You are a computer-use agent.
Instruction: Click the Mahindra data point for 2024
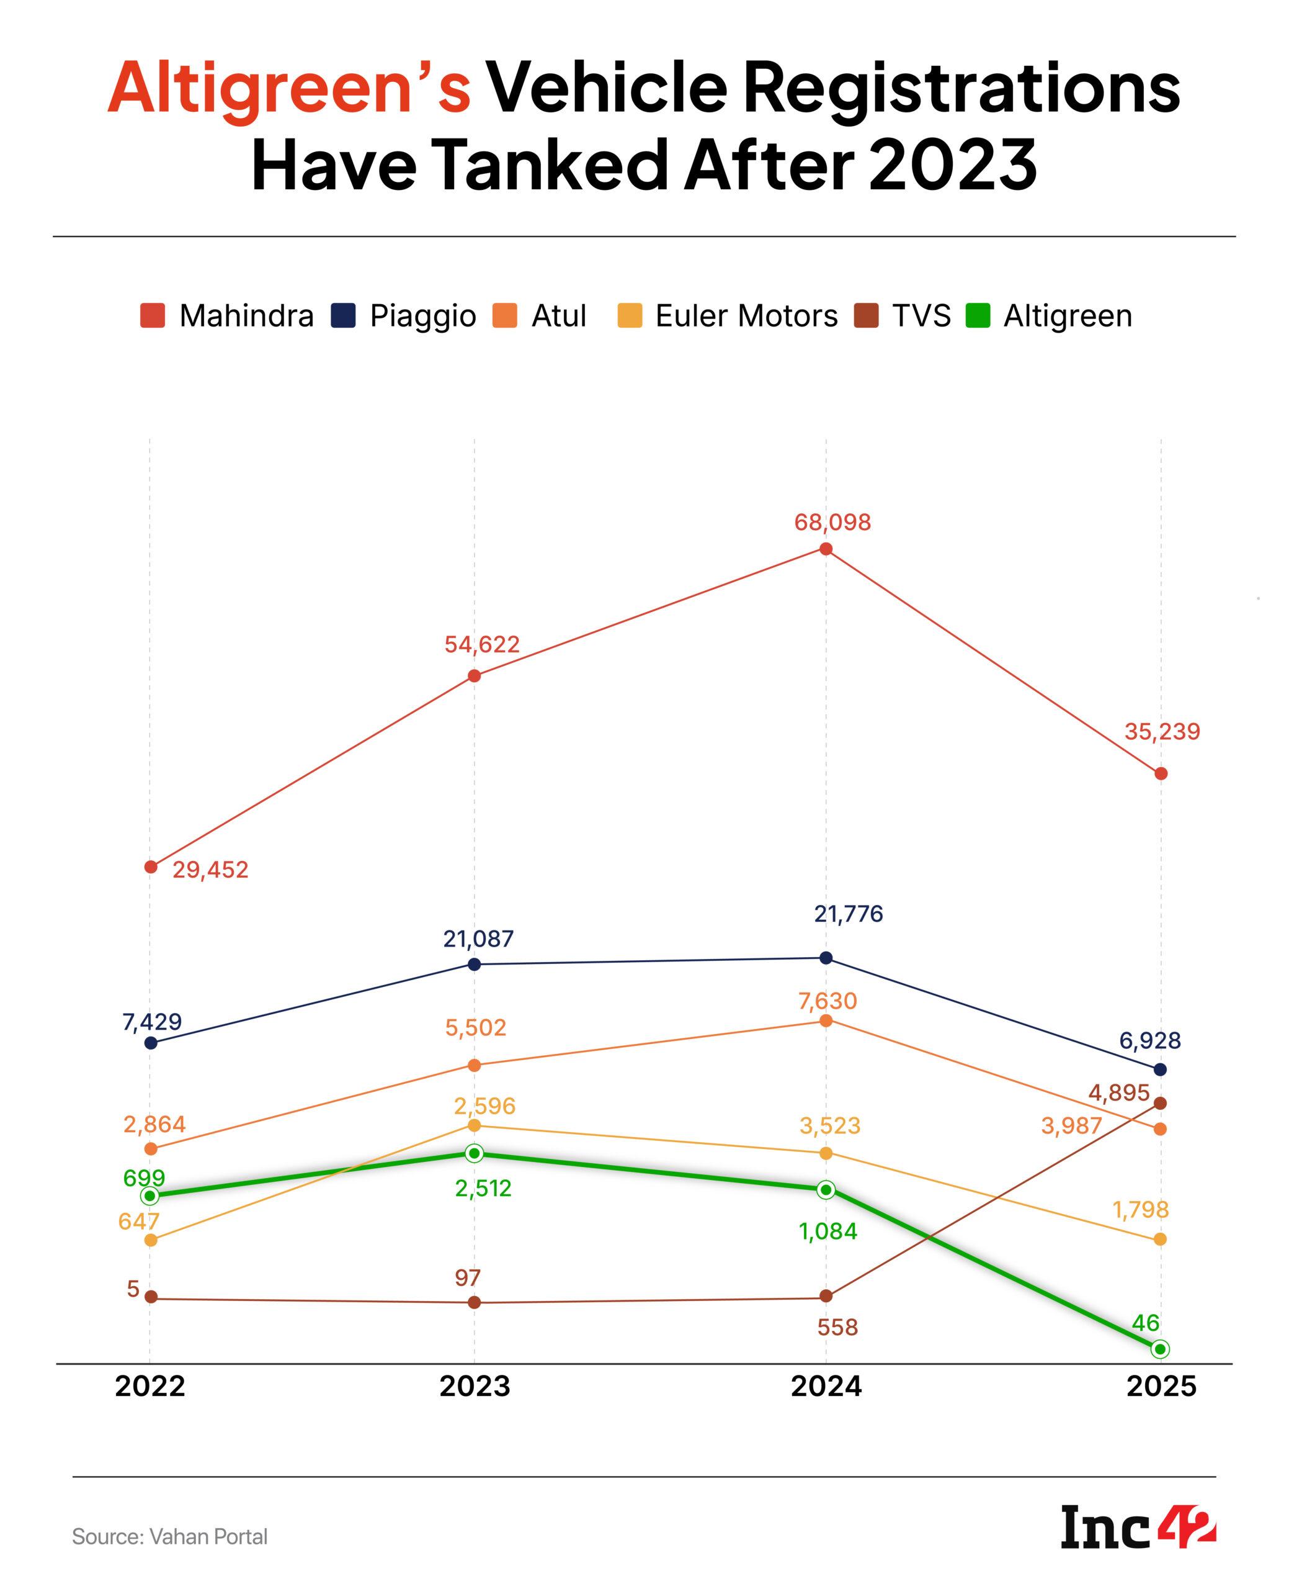[826, 549]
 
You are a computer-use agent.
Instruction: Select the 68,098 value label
[832, 522]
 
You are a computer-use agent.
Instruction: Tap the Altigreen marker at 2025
[1161, 1348]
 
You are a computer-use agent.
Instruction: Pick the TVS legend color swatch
[867, 316]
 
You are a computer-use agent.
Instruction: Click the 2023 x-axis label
[475, 1386]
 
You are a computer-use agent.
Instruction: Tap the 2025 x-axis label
[1161, 1386]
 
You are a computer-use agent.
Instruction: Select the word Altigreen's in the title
[290, 88]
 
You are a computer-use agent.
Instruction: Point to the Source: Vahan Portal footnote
[169, 1536]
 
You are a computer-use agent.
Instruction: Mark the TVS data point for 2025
[1161, 1103]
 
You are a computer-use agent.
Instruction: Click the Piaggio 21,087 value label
[478, 939]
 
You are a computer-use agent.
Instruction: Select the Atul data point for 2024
[826, 1020]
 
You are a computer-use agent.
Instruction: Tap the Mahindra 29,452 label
[210, 870]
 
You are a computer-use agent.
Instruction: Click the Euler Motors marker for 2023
[475, 1125]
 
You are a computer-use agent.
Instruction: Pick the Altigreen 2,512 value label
[483, 1189]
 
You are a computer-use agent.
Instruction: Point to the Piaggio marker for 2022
[151, 1043]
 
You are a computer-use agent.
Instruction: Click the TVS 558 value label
[837, 1327]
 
